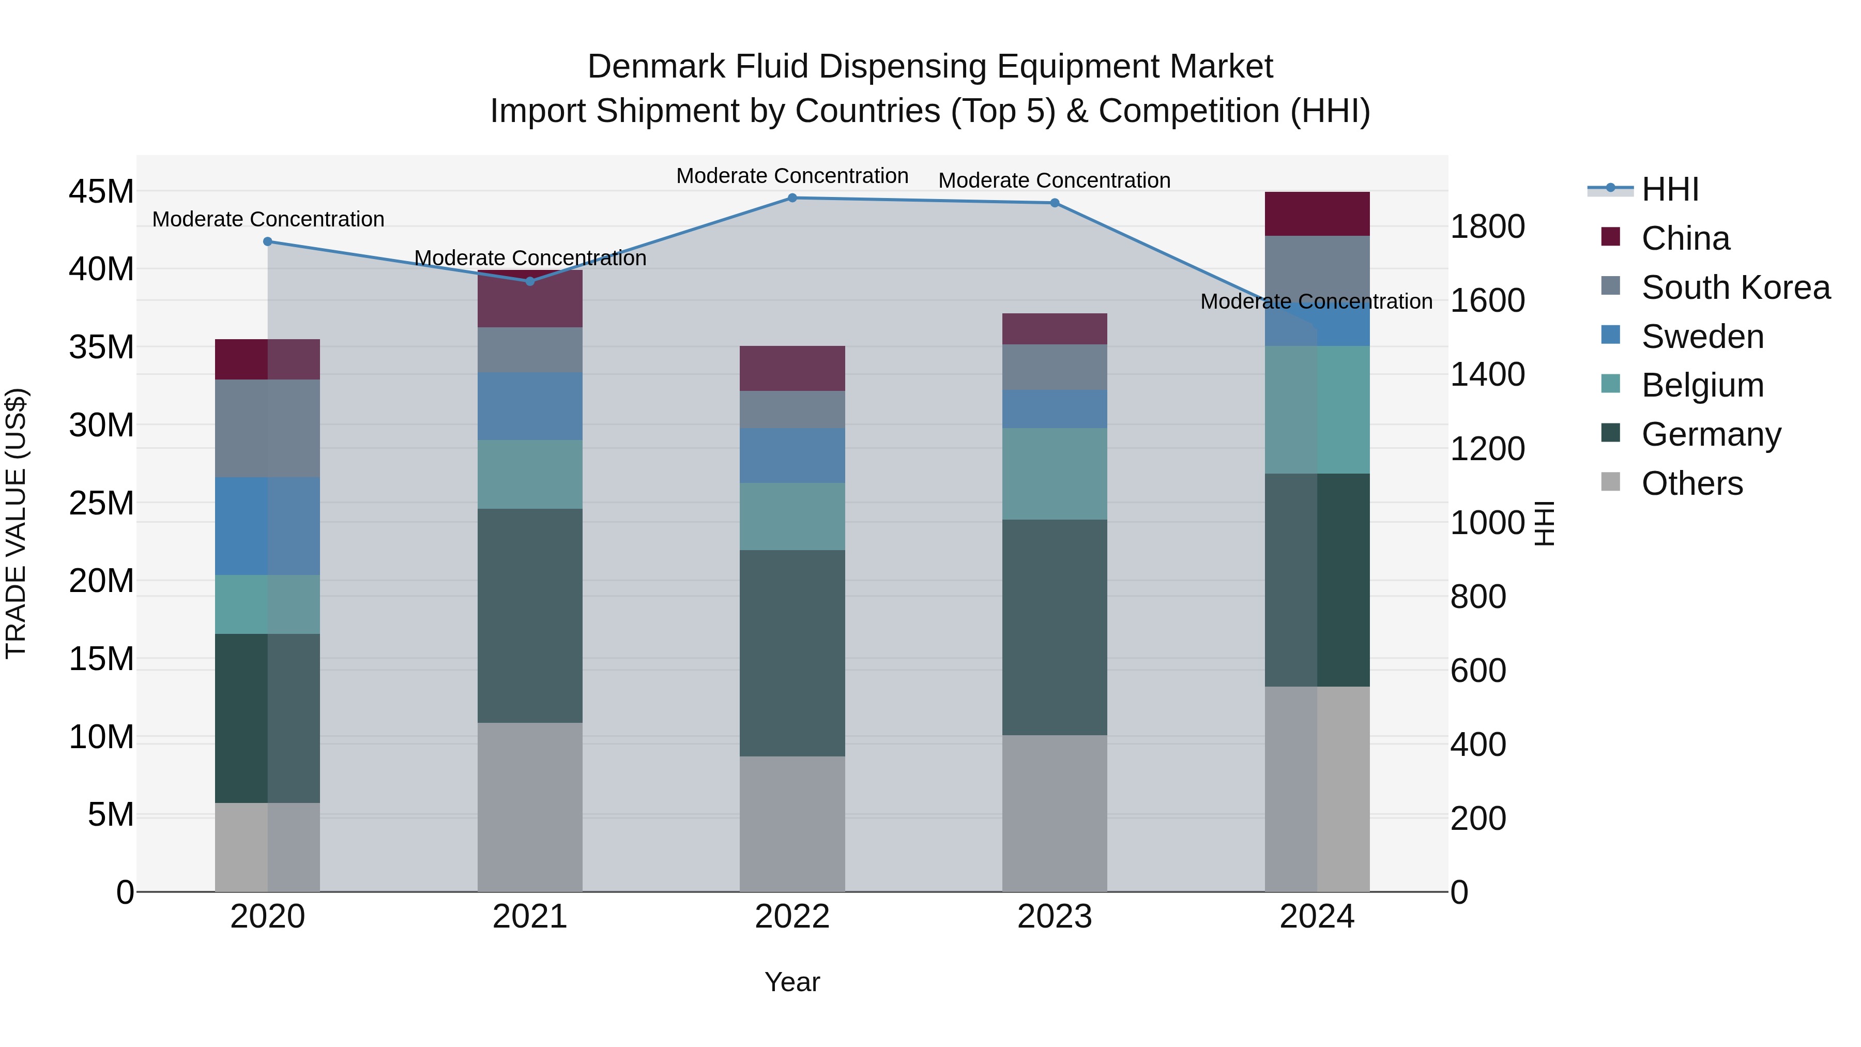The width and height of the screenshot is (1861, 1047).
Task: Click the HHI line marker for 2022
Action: tap(792, 198)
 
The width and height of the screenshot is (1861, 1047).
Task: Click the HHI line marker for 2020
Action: tap(267, 241)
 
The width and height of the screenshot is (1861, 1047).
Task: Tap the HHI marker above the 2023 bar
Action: tap(1054, 203)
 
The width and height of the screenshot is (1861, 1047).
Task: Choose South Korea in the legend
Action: tap(1735, 287)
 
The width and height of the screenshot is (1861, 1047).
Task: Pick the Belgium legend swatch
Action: tap(1610, 384)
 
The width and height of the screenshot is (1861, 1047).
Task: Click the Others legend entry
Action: tap(1691, 483)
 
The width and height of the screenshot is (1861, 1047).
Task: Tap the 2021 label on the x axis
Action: tap(529, 917)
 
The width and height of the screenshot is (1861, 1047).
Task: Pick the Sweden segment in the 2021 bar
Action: tap(529, 406)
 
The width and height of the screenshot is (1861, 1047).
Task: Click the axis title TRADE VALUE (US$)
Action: tap(16, 523)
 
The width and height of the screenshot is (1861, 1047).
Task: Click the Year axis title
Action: tap(792, 982)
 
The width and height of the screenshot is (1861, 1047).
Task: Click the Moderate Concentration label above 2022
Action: tap(792, 176)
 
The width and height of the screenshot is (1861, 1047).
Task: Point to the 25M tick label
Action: tap(101, 503)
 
